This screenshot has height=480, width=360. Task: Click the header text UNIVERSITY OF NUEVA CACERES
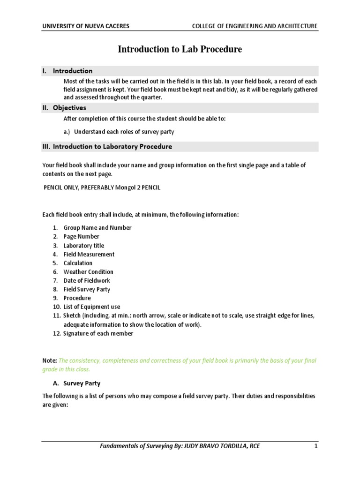tap(85, 26)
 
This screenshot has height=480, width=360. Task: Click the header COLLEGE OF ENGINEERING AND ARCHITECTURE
tap(255, 26)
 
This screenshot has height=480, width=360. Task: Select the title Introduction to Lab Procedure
tap(180, 49)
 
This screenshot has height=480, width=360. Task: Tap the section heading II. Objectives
tap(64, 108)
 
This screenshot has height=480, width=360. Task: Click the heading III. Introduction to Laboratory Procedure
tap(107, 147)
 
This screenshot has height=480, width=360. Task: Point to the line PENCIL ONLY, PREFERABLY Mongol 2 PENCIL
tap(102, 187)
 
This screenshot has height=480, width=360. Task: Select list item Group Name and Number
tap(97, 228)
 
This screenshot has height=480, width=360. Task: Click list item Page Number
tap(81, 237)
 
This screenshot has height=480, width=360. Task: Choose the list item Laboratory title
tap(84, 246)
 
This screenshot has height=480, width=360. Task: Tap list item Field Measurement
tap(89, 255)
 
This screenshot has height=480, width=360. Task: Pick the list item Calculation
tap(78, 263)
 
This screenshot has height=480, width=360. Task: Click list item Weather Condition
tap(88, 272)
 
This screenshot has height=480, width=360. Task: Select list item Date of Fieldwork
tap(87, 281)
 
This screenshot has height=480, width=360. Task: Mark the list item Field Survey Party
tap(87, 290)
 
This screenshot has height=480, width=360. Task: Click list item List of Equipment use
tap(91, 307)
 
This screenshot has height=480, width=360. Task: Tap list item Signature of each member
tap(98, 334)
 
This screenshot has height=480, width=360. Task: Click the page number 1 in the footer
tap(316, 446)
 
